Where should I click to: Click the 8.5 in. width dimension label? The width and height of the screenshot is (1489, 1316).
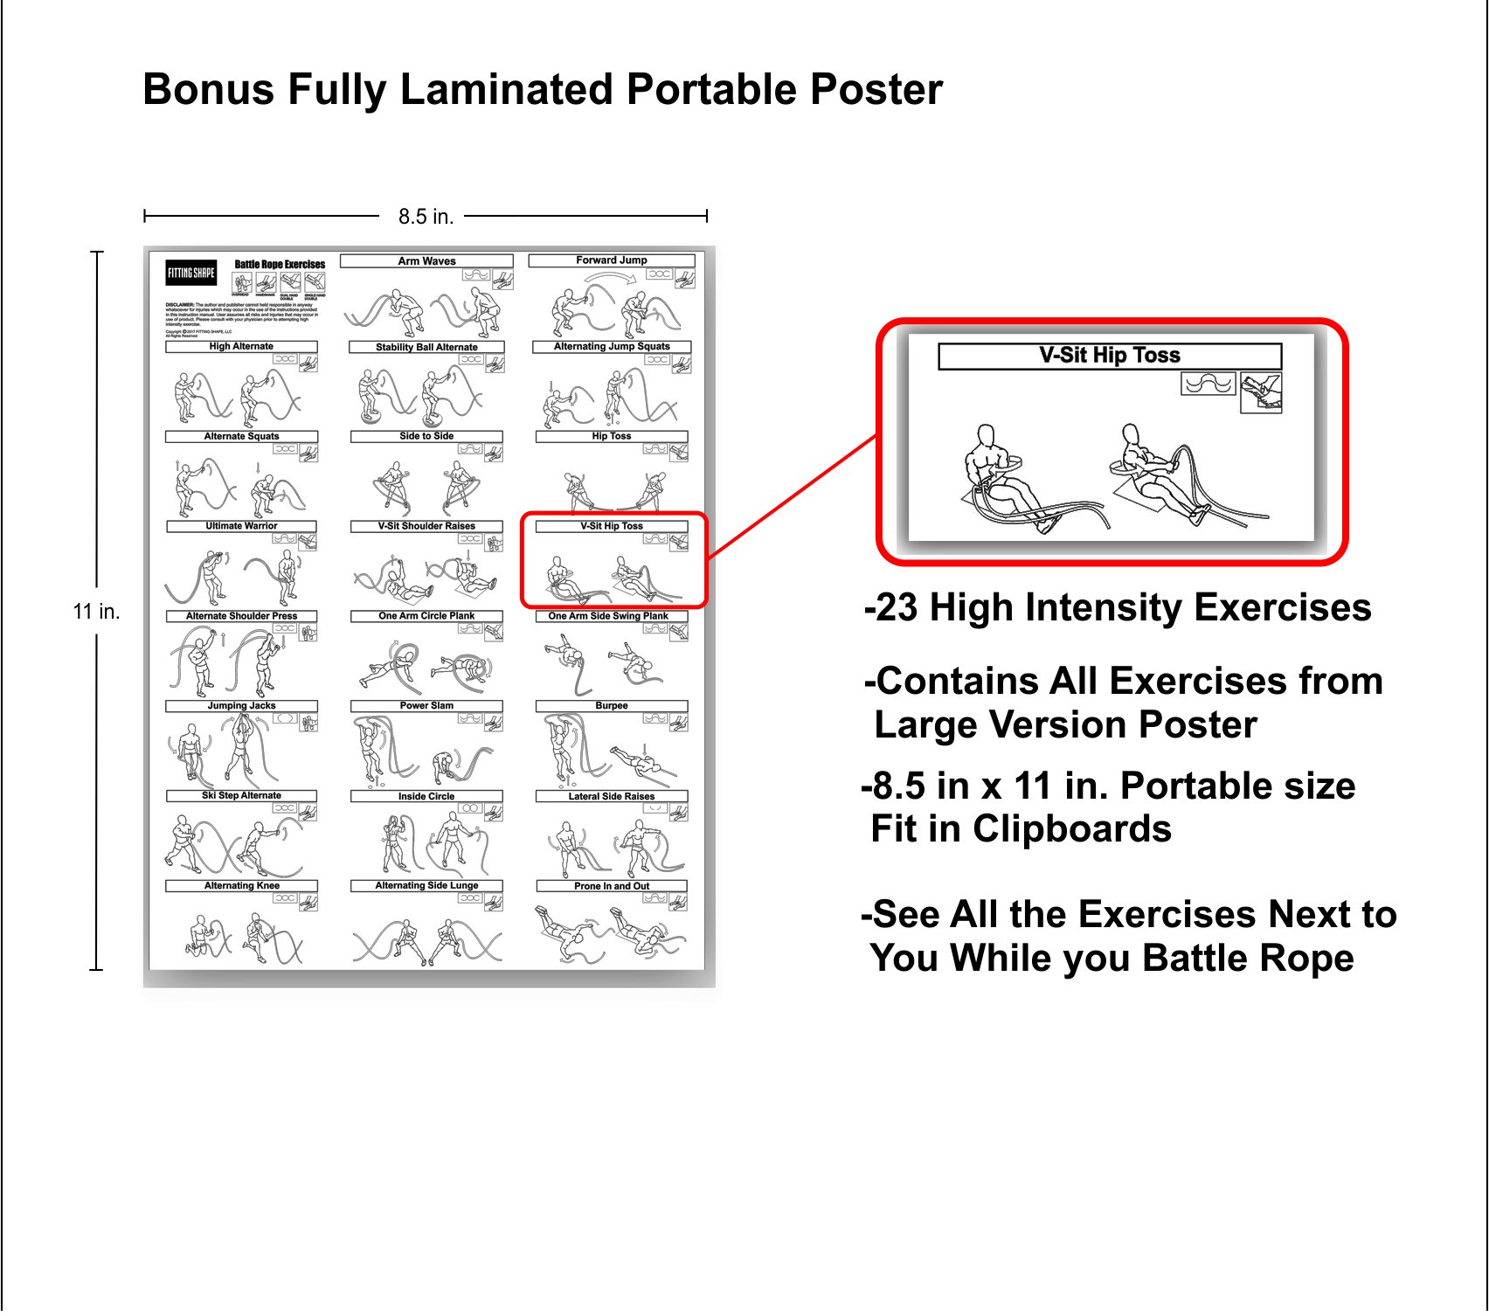[426, 217]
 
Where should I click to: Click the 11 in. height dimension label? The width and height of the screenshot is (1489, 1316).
[96, 612]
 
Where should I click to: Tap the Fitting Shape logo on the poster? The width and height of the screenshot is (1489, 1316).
[191, 273]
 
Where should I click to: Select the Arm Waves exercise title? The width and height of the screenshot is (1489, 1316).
[426, 261]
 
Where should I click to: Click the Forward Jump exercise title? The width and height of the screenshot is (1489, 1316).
[612, 260]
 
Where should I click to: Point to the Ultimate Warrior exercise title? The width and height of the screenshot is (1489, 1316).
[241, 526]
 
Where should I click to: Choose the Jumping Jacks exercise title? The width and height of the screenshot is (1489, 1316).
[241, 706]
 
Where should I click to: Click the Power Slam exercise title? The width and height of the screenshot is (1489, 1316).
[426, 706]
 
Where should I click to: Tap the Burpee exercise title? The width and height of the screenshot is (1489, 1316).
[612, 706]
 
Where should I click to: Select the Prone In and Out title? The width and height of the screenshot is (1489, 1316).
[612, 886]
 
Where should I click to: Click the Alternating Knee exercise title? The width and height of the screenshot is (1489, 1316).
[241, 886]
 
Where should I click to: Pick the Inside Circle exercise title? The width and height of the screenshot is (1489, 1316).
[426, 796]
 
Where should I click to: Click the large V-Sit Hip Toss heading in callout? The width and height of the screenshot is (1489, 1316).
[1110, 356]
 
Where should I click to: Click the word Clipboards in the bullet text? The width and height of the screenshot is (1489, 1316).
[1072, 829]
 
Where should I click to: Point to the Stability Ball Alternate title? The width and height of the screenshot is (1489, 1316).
[426, 348]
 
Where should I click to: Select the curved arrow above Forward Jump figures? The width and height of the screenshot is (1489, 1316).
[612, 278]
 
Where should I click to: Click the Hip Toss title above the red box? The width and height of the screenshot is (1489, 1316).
[612, 436]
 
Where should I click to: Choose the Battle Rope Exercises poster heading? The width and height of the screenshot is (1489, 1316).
[280, 265]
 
